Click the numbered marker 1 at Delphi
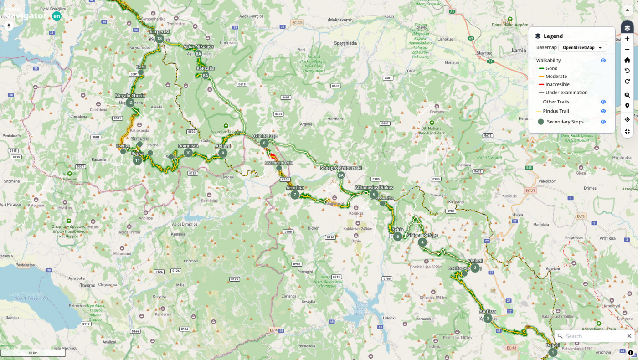(x=553, y=352)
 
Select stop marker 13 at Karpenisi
(x=159, y=39)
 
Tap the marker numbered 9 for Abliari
(x=223, y=153)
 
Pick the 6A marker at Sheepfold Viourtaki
(x=341, y=175)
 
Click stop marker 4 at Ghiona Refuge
(x=422, y=242)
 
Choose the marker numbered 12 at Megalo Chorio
(x=130, y=103)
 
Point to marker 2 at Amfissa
(x=488, y=318)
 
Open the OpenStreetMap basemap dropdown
(x=582, y=47)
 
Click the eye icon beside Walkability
(x=603, y=60)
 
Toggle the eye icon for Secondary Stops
(x=603, y=122)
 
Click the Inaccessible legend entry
(x=557, y=84)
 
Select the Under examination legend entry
(x=566, y=93)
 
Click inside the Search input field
(x=592, y=336)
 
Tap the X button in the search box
(x=629, y=336)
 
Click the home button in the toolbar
(x=627, y=60)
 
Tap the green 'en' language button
(x=57, y=16)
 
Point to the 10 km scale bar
(x=33, y=353)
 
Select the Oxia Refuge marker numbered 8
(x=264, y=143)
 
